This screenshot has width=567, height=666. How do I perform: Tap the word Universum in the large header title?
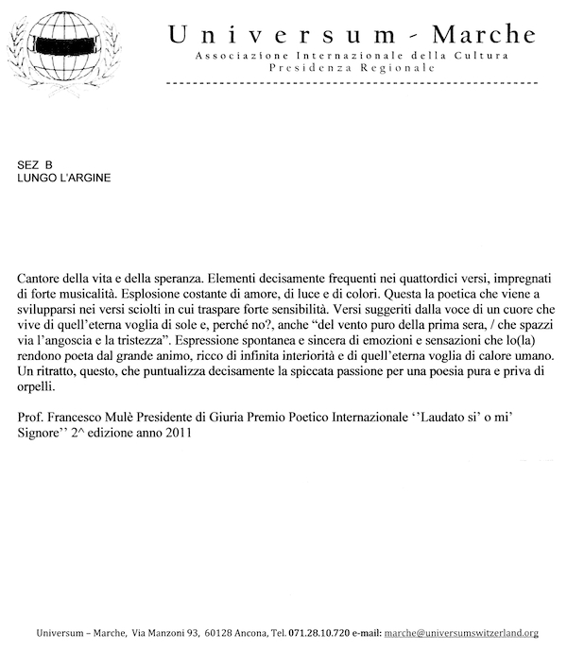point(283,34)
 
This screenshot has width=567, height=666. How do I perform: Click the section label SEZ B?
point(35,164)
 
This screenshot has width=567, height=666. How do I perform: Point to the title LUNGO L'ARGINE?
point(63,178)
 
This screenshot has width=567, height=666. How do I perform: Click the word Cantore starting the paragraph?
point(41,281)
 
